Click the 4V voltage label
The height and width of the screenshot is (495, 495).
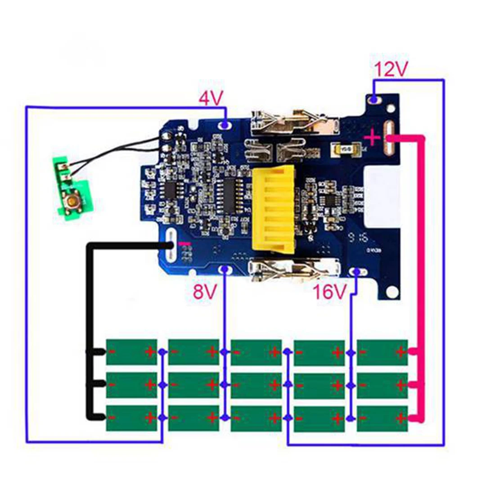point(211,98)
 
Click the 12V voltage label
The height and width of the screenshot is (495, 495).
point(391,70)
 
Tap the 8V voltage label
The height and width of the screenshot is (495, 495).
point(205,292)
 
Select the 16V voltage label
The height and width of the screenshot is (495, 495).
point(330,292)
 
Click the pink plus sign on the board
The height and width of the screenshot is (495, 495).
point(373,137)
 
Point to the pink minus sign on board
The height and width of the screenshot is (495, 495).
point(184,243)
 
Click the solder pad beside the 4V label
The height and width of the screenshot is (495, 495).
point(225,124)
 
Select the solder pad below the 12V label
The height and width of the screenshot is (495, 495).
point(373,98)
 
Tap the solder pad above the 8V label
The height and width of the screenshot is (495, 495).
point(225,270)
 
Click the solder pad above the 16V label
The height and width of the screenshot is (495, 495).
point(356,271)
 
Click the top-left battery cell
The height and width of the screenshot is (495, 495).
point(131,352)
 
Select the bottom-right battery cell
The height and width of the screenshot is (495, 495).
point(382,418)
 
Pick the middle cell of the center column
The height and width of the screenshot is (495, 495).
point(256,385)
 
